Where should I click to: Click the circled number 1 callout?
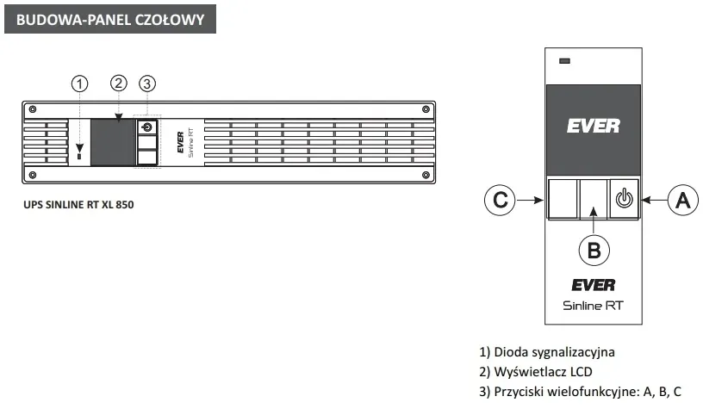coord(80,84)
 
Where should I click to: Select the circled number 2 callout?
coord(119,83)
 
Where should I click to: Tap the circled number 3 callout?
coord(147,84)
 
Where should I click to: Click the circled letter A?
coord(683,200)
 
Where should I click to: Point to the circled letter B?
coord(594,250)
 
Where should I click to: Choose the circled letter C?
coord(500,200)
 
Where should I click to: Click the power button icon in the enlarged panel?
coord(624,199)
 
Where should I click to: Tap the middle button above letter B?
coord(593,199)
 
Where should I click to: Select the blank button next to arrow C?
coord(563,199)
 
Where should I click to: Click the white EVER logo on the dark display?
coord(593,126)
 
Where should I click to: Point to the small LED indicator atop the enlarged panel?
coord(565,61)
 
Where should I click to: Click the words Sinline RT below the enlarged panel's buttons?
coord(593,306)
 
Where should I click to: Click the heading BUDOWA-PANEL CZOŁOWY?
coord(110,19)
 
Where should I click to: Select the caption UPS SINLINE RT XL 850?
coord(78,205)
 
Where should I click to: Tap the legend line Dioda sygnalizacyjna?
coord(547,352)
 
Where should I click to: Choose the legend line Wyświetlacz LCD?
coord(536,372)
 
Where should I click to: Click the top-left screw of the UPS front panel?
coord(32,108)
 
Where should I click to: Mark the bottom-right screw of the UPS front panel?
coord(426,175)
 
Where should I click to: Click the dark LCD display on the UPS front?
coord(113,143)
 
